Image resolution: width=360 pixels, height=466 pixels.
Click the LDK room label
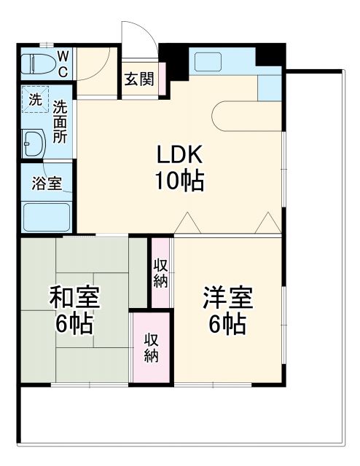(178, 155)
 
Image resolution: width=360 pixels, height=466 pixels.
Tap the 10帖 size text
(178, 180)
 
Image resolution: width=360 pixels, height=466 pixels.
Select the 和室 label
(74, 297)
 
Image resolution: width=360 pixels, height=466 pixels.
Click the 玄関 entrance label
(138, 79)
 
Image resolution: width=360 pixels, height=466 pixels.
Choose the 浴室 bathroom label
(46, 183)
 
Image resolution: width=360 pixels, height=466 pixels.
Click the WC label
(63, 64)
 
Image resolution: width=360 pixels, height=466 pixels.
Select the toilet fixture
(39, 64)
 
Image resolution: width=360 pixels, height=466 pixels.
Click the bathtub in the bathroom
(46, 216)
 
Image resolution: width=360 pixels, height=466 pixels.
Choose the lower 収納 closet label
(151, 347)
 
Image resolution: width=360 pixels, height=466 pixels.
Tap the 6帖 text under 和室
(74, 323)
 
